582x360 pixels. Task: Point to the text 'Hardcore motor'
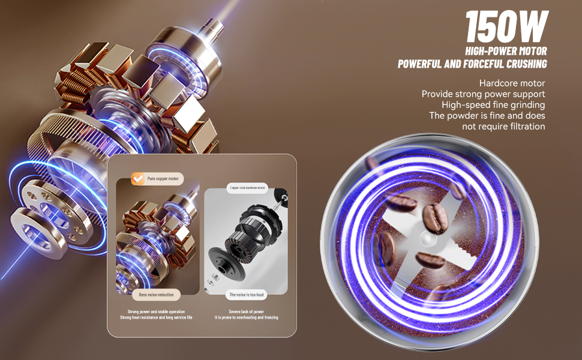pos(512,83)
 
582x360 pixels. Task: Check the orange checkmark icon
pos(137,178)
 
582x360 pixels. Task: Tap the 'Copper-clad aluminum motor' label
pos(247,188)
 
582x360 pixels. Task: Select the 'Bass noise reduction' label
pos(156,295)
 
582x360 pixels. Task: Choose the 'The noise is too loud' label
pos(246,295)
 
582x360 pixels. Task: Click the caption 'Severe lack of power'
pos(246,311)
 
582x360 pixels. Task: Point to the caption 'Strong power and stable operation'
pos(156,311)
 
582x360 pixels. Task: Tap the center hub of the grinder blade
pos(427,239)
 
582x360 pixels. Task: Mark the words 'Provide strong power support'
pos(483,94)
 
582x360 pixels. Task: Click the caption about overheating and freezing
pos(246,317)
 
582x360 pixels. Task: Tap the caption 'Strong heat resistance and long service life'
pos(156,317)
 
